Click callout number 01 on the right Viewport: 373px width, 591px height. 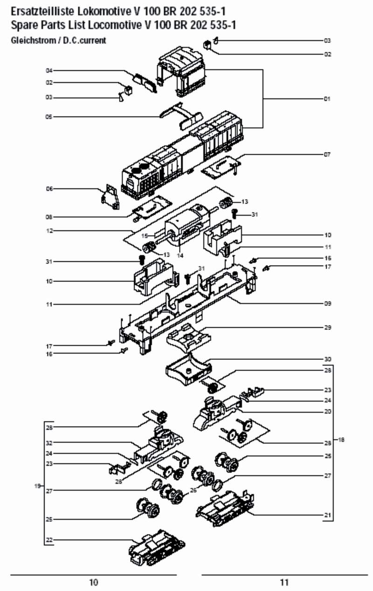click(x=327, y=99)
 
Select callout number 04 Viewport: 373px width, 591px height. click(x=48, y=70)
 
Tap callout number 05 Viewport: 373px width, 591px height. click(x=48, y=117)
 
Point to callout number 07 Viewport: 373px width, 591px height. click(x=327, y=154)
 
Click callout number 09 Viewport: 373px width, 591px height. click(x=327, y=303)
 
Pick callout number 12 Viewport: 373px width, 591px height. click(x=48, y=231)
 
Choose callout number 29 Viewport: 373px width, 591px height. click(x=327, y=328)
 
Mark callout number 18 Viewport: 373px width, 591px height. click(x=341, y=440)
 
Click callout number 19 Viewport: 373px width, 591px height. click(x=37, y=486)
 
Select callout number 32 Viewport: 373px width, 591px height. click(x=48, y=442)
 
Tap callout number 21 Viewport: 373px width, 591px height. click(x=327, y=515)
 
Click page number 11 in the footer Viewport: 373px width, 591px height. click(x=284, y=582)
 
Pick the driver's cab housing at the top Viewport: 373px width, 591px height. click(x=182, y=70)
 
